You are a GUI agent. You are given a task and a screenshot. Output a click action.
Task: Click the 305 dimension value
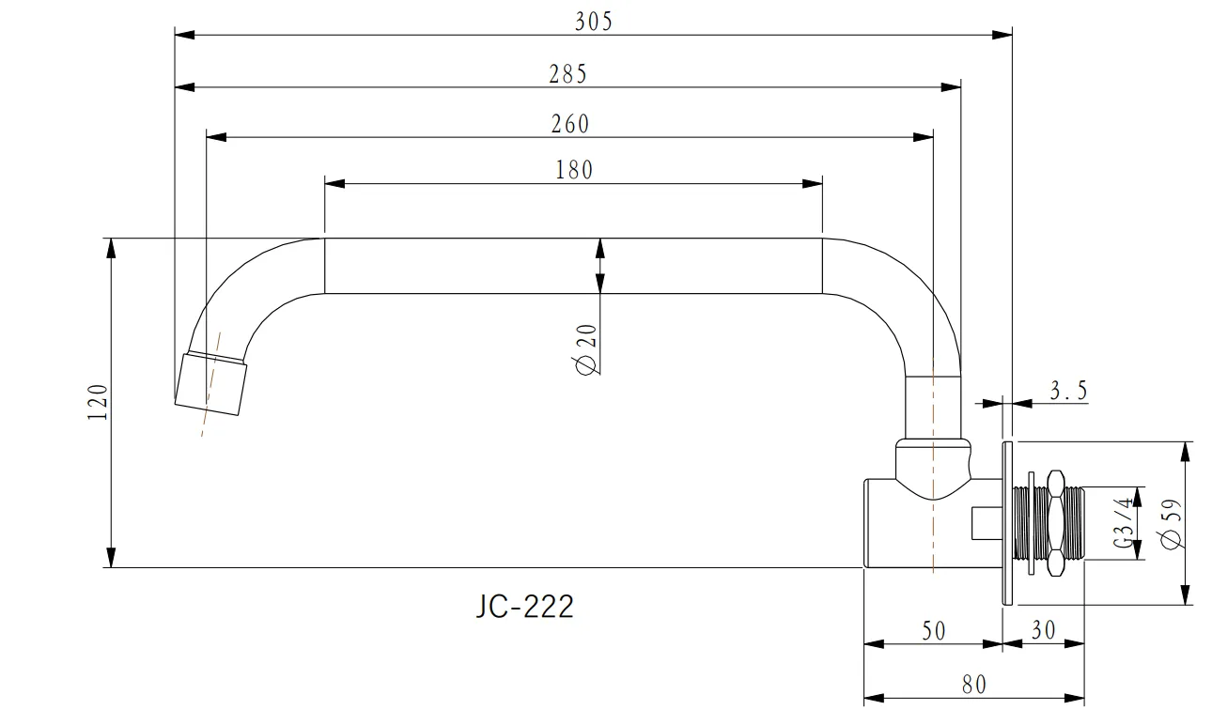point(594,22)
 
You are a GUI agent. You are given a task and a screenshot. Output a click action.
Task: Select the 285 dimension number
point(567,74)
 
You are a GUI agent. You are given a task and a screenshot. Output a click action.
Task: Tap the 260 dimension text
point(570,124)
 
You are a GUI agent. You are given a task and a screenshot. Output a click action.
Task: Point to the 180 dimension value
point(574,170)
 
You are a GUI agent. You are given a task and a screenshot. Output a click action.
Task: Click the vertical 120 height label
point(98,402)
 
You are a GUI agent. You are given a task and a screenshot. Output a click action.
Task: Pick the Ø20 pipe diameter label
point(586,348)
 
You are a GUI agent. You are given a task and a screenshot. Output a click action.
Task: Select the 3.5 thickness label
point(1068,391)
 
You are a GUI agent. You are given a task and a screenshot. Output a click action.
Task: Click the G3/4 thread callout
point(1124,522)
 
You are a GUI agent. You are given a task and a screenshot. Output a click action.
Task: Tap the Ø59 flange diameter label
point(1171,524)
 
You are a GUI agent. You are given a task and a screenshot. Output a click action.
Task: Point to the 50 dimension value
point(934,631)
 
